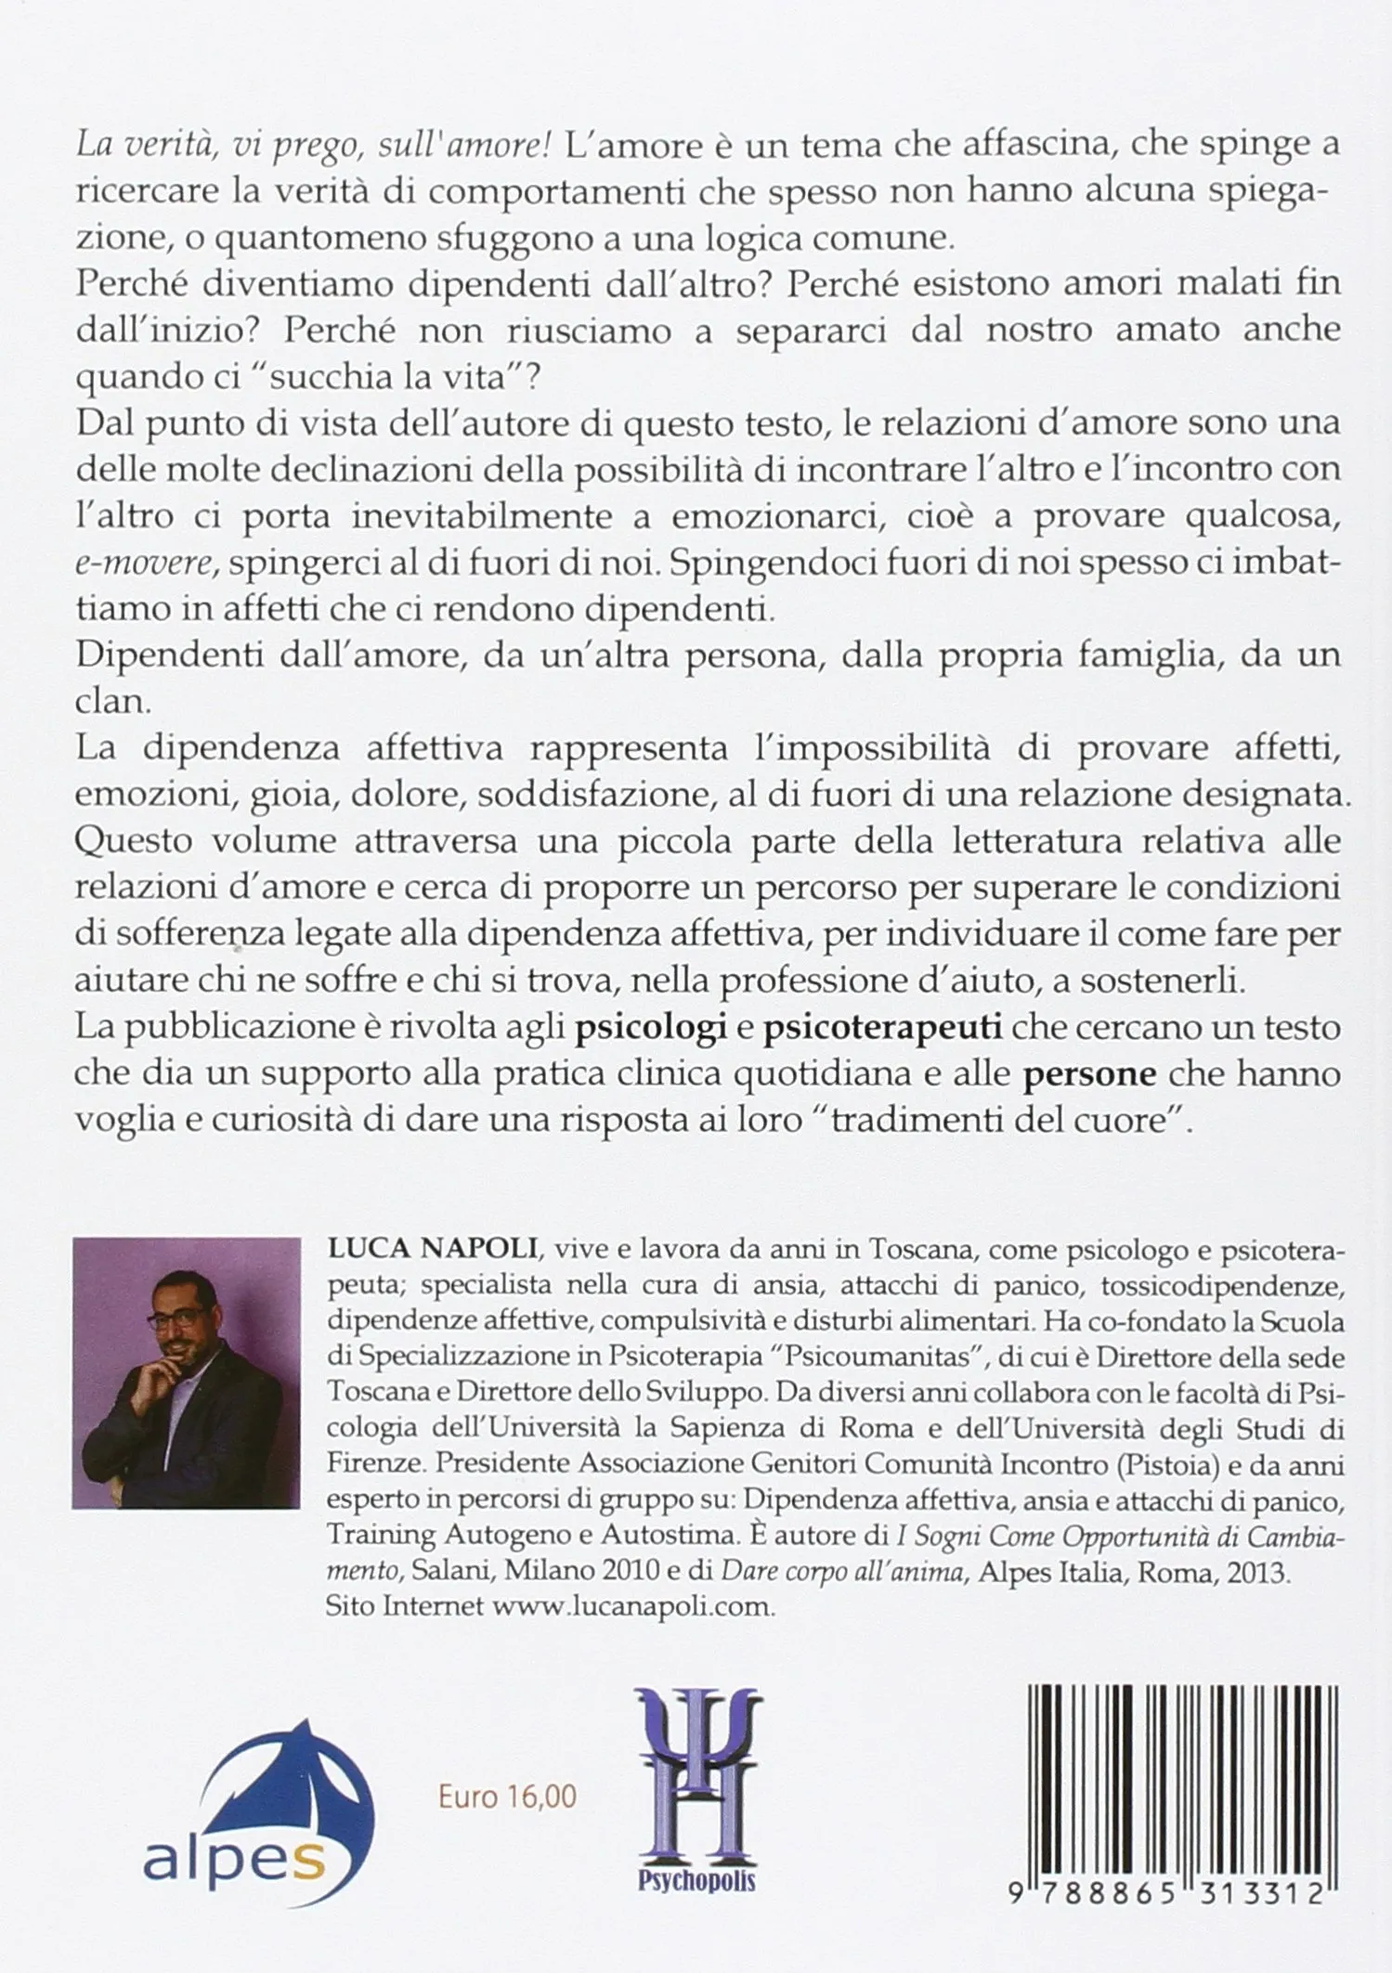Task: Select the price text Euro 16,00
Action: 507,1796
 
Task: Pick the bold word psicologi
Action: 648,1030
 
